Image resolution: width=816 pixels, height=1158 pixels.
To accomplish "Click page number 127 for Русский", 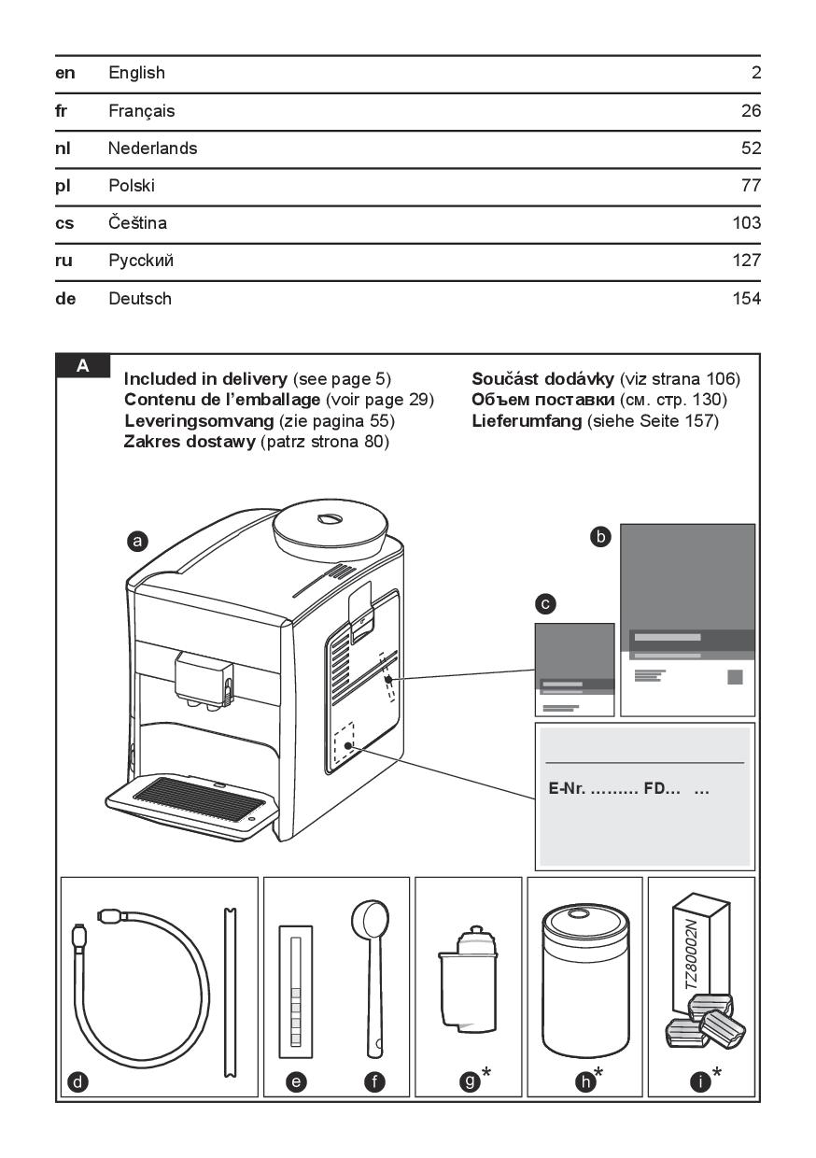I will (747, 261).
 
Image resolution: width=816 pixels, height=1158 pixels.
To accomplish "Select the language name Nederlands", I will (152, 148).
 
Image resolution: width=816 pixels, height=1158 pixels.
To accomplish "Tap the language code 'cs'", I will (65, 224).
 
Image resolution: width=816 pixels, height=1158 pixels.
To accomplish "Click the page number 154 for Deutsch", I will (747, 300).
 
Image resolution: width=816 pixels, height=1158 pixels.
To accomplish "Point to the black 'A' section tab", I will (83, 366).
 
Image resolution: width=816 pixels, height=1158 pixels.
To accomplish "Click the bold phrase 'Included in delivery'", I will (205, 379).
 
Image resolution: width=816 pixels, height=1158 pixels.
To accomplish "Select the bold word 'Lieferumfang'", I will (527, 421).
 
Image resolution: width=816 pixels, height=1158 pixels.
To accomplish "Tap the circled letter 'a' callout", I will (137, 541).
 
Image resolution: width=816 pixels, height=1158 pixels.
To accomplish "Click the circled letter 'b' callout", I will (602, 536).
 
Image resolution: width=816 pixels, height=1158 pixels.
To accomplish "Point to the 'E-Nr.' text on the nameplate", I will (567, 789).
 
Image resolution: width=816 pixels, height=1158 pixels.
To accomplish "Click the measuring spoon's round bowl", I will (365, 921).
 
